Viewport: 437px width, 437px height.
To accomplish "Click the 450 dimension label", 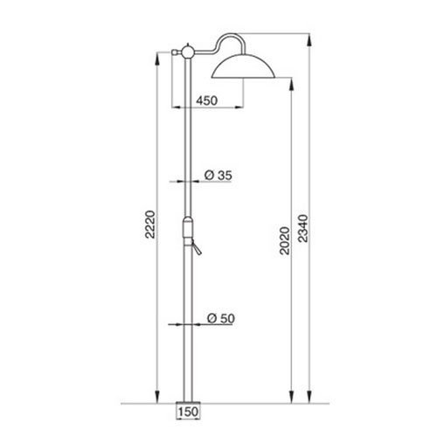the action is (206, 101).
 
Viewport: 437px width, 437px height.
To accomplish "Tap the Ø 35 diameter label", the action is (218, 176).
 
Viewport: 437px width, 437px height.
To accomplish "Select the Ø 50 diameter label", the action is (221, 318).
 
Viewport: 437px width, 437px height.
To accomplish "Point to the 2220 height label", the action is (150, 225).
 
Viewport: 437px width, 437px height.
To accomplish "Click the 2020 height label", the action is (285, 241).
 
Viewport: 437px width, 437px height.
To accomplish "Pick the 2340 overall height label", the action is (303, 228).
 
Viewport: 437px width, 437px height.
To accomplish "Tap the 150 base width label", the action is (188, 412).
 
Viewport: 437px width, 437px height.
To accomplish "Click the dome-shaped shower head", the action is (243, 67).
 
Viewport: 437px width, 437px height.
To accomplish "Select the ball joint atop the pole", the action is (188, 52).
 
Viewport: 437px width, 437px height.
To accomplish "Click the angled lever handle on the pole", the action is (197, 249).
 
